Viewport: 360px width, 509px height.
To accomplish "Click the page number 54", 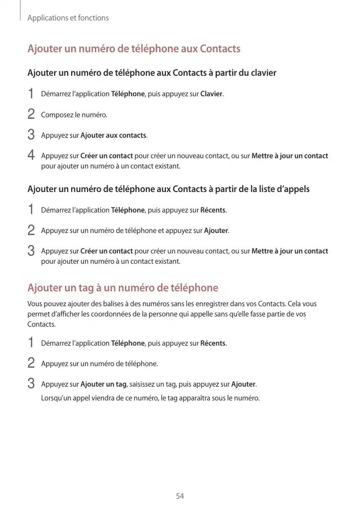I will tap(180, 496).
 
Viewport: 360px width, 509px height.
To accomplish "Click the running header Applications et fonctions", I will tap(68, 18).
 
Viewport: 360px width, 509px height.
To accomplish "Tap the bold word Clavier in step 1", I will tap(211, 94).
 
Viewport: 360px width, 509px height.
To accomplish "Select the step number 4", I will tap(31, 155).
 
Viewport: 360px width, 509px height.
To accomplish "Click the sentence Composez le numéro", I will tap(74, 115).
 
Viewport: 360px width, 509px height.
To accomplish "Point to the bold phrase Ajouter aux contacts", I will tap(113, 135).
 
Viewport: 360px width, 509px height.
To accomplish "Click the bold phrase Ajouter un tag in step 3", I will tap(103, 384).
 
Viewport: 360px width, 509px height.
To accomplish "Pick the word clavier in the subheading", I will tap(264, 73).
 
